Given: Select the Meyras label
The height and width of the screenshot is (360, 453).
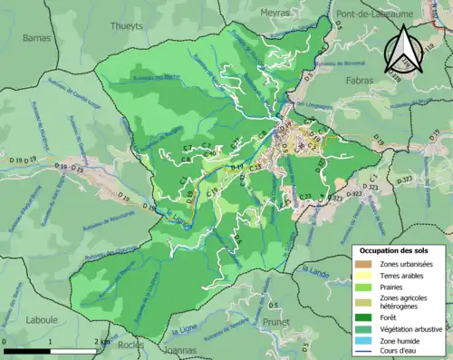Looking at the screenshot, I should click(x=274, y=13).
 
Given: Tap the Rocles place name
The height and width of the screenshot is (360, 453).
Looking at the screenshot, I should click(x=130, y=345).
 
